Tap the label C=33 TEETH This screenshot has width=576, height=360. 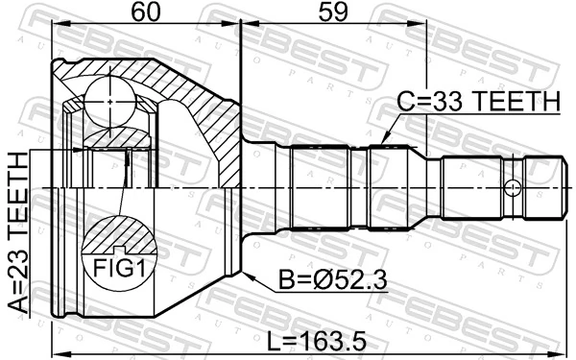[x=478, y=101]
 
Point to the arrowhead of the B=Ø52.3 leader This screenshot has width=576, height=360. [x=245, y=276]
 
